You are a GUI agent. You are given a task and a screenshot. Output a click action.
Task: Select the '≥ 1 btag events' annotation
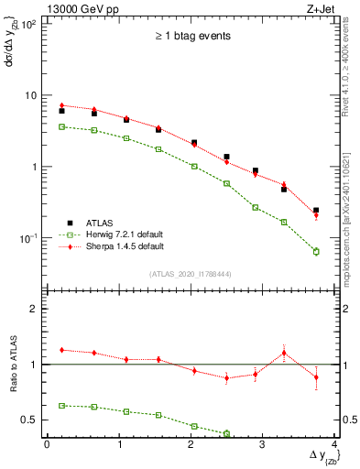click(191, 37)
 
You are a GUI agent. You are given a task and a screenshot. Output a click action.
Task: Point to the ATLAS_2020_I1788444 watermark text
click(191, 274)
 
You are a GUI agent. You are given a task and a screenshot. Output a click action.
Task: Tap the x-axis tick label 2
click(191, 443)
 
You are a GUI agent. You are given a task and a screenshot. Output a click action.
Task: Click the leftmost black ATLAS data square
click(61, 111)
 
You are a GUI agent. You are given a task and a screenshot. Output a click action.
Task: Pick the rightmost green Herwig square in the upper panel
click(316, 251)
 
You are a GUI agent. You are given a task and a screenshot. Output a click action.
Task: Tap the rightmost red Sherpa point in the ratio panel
click(316, 376)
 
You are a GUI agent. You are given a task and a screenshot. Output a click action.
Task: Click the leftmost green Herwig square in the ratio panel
click(61, 405)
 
